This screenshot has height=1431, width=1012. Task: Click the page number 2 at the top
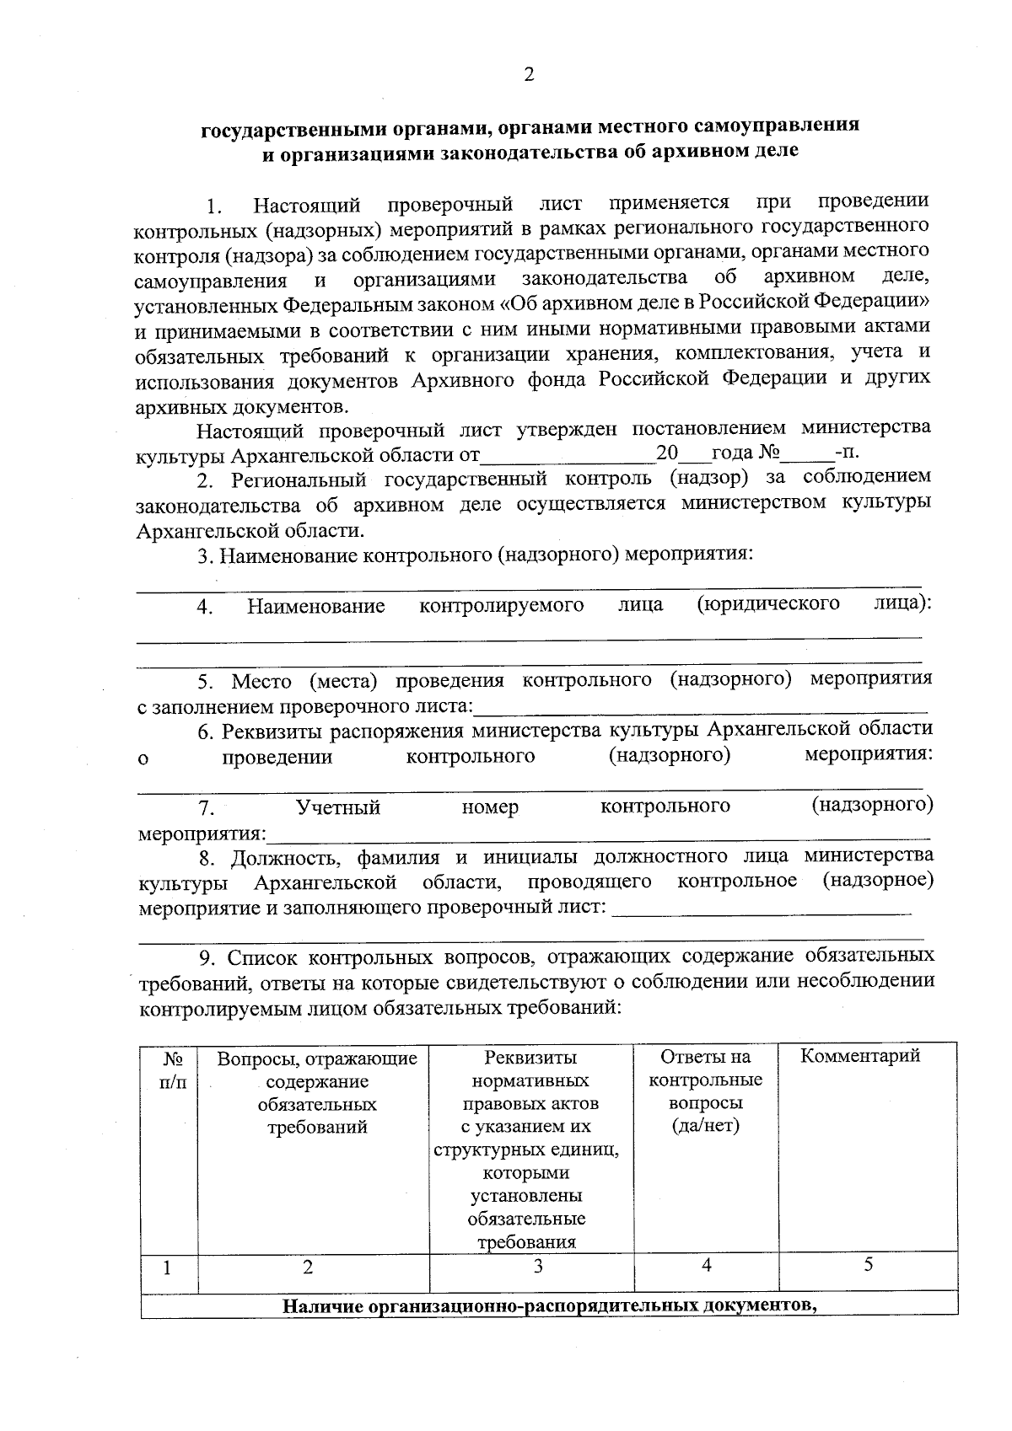529,75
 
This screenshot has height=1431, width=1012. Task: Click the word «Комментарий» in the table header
859,1057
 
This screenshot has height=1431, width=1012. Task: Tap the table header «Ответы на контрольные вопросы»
706,1091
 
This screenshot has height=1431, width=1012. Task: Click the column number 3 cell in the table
538,1267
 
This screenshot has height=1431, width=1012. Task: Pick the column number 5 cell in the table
869,1265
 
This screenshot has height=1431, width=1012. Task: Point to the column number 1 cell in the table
168,1268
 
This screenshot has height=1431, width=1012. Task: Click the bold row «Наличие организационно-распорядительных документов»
550,1306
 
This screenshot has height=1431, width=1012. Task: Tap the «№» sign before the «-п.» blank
768,453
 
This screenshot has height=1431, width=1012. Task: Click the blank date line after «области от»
567,456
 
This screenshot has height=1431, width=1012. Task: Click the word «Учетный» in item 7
338,808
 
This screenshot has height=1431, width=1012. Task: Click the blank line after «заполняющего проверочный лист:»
762,910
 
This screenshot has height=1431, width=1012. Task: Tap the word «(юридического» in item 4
768,604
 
